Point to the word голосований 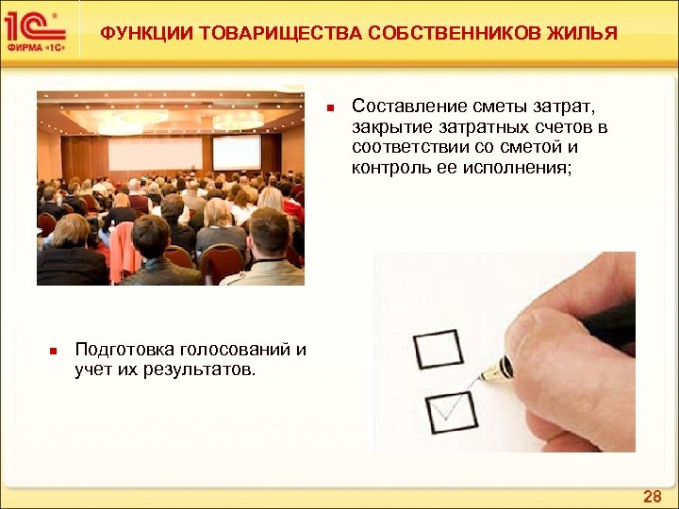point(233,350)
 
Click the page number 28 point(652,496)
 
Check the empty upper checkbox point(439,349)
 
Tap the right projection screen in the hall point(236,153)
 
